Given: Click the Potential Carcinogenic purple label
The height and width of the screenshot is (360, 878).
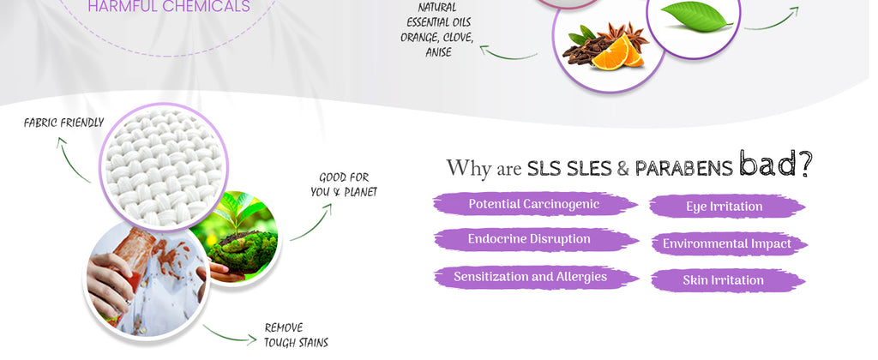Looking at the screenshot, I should click(x=533, y=204).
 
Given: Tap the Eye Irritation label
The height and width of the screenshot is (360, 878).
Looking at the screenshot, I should click(x=724, y=207).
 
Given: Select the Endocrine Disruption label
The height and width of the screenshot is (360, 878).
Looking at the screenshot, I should click(x=528, y=239).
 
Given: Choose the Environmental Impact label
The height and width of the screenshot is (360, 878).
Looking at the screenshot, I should click(x=726, y=244).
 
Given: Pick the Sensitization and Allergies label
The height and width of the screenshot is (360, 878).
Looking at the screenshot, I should click(x=530, y=277).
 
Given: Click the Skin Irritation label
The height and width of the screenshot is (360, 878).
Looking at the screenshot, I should click(x=723, y=280).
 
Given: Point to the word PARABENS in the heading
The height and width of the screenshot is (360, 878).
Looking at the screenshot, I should click(x=683, y=168).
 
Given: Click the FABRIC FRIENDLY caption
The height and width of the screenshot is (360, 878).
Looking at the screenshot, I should click(x=63, y=123).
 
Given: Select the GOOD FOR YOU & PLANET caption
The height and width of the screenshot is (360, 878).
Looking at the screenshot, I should click(x=343, y=185).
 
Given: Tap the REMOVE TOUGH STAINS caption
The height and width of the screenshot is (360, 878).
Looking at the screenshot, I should click(x=296, y=335).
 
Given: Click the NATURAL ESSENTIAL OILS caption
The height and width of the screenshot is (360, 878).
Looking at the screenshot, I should click(x=437, y=30).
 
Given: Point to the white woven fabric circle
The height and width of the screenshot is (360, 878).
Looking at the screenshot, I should click(x=163, y=166).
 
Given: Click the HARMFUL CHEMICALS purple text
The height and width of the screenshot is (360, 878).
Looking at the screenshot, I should click(x=169, y=7).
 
